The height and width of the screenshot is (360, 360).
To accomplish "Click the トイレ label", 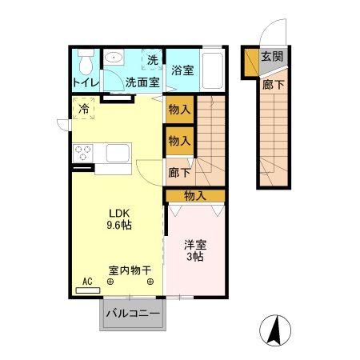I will pyautogui.click(x=85, y=82).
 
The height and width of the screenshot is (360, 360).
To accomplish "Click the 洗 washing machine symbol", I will pyautogui.click(x=152, y=59).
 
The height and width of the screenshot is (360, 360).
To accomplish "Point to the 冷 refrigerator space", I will pyautogui.click(x=84, y=110).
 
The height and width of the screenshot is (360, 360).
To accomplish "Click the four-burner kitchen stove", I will pyautogui.click(x=84, y=151).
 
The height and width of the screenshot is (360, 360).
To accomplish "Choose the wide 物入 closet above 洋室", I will pyautogui.click(x=194, y=195).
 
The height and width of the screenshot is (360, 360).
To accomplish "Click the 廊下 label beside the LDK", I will pyautogui.click(x=178, y=171).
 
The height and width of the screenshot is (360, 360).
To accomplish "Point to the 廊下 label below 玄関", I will pyautogui.click(x=272, y=83).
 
